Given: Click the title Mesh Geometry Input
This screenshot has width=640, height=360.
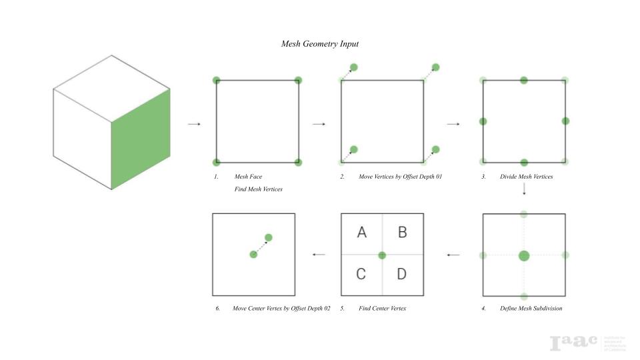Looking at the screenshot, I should pyautogui.click(x=320, y=44).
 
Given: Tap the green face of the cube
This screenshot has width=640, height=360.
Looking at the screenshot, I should pyautogui.click(x=140, y=140).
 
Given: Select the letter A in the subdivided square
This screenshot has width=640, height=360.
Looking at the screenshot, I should pyautogui.click(x=362, y=233).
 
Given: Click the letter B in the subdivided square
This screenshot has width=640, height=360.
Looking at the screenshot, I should pyautogui.click(x=402, y=233).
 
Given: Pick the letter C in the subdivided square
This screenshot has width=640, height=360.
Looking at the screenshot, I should pyautogui.click(x=361, y=274).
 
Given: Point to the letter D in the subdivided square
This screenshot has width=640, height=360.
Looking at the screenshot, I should pyautogui.click(x=401, y=274).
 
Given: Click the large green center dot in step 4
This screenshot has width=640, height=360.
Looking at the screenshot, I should pyautogui.click(x=524, y=255).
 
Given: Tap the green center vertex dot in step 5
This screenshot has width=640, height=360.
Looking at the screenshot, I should pyautogui.click(x=382, y=255).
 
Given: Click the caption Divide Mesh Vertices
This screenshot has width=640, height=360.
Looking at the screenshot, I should pyautogui.click(x=526, y=177).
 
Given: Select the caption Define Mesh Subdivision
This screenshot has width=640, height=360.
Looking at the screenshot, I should pyautogui.click(x=531, y=309).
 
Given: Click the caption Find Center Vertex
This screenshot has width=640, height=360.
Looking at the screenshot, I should pyautogui.click(x=382, y=309).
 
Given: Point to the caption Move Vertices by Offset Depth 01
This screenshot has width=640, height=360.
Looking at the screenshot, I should pyautogui.click(x=400, y=177).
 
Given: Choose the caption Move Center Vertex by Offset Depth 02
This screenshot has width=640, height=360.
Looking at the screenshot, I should pyautogui.click(x=281, y=309).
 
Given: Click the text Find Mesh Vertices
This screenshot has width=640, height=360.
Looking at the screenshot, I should pyautogui.click(x=259, y=189).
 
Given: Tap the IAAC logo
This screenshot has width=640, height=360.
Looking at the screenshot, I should pyautogui.click(x=573, y=343).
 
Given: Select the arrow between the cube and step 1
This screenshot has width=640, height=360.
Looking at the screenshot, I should pyautogui.click(x=194, y=124).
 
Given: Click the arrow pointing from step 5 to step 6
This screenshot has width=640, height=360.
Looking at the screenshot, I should pyautogui.click(x=319, y=254).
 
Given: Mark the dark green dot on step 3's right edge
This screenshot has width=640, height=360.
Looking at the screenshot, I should pyautogui.click(x=565, y=121).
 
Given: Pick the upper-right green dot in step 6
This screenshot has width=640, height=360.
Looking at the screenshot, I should pyautogui.click(x=269, y=237).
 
